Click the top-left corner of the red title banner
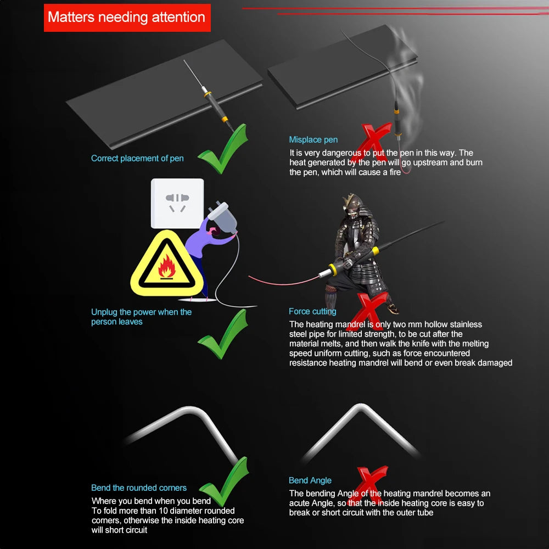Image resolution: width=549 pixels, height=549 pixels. (44, 4)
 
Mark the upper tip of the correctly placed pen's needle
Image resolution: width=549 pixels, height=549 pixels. (184, 59)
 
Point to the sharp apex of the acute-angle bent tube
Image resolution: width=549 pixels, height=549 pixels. (360, 405)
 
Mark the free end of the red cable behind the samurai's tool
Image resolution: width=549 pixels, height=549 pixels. (249, 276)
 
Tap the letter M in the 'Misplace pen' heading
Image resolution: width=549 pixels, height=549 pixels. (293, 139)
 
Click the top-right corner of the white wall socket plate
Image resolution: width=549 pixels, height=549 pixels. (204, 179)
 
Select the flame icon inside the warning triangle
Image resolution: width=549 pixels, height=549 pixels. (167, 267)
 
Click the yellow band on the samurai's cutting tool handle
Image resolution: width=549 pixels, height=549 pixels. (376, 251)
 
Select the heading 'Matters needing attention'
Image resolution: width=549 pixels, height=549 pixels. (126, 17)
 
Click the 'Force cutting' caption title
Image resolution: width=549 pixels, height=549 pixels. (312, 311)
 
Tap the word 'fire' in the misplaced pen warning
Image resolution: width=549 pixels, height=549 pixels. (394, 172)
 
